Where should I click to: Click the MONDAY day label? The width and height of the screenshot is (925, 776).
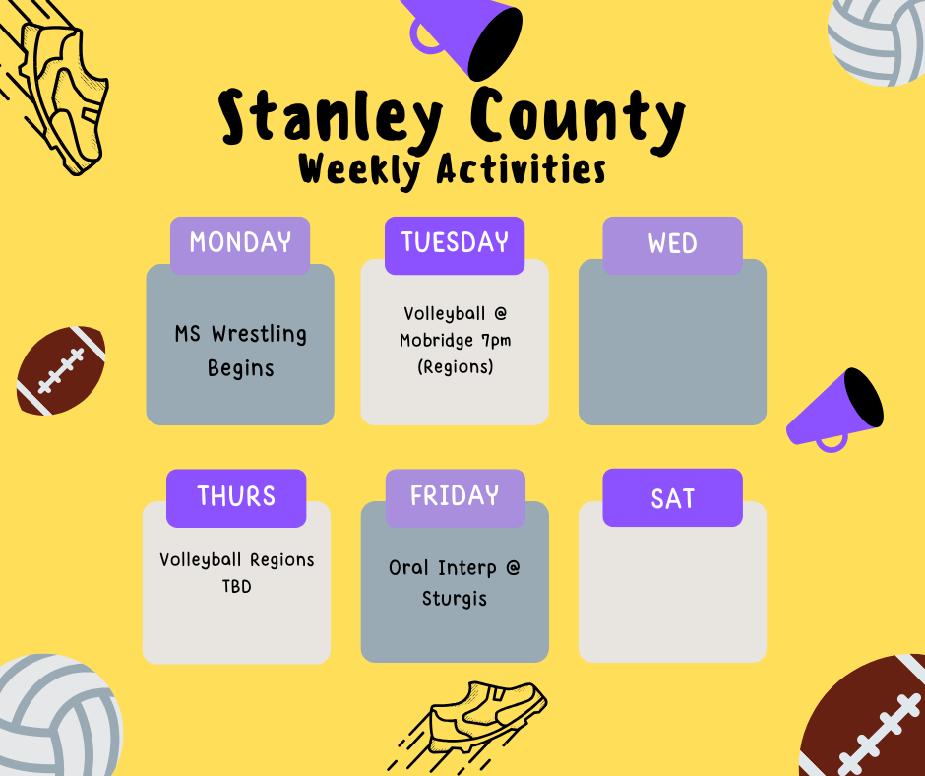[240, 243]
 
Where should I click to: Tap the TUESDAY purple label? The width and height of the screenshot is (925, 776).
[455, 243]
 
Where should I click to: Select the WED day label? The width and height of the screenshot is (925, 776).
[672, 244]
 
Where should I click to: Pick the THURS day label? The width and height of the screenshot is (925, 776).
[236, 496]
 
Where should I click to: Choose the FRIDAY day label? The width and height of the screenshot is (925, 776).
[455, 495]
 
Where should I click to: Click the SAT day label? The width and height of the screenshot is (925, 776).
[672, 498]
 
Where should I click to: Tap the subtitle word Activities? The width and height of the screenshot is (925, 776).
[521, 169]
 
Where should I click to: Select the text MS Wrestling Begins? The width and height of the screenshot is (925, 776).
[240, 351]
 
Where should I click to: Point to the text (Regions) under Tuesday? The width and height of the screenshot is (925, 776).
[455, 367]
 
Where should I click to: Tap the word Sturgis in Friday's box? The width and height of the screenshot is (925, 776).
[455, 598]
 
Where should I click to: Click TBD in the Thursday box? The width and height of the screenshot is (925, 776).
[236, 587]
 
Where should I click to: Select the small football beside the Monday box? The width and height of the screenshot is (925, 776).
[61, 369]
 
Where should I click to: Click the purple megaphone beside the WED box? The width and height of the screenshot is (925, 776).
[836, 409]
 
